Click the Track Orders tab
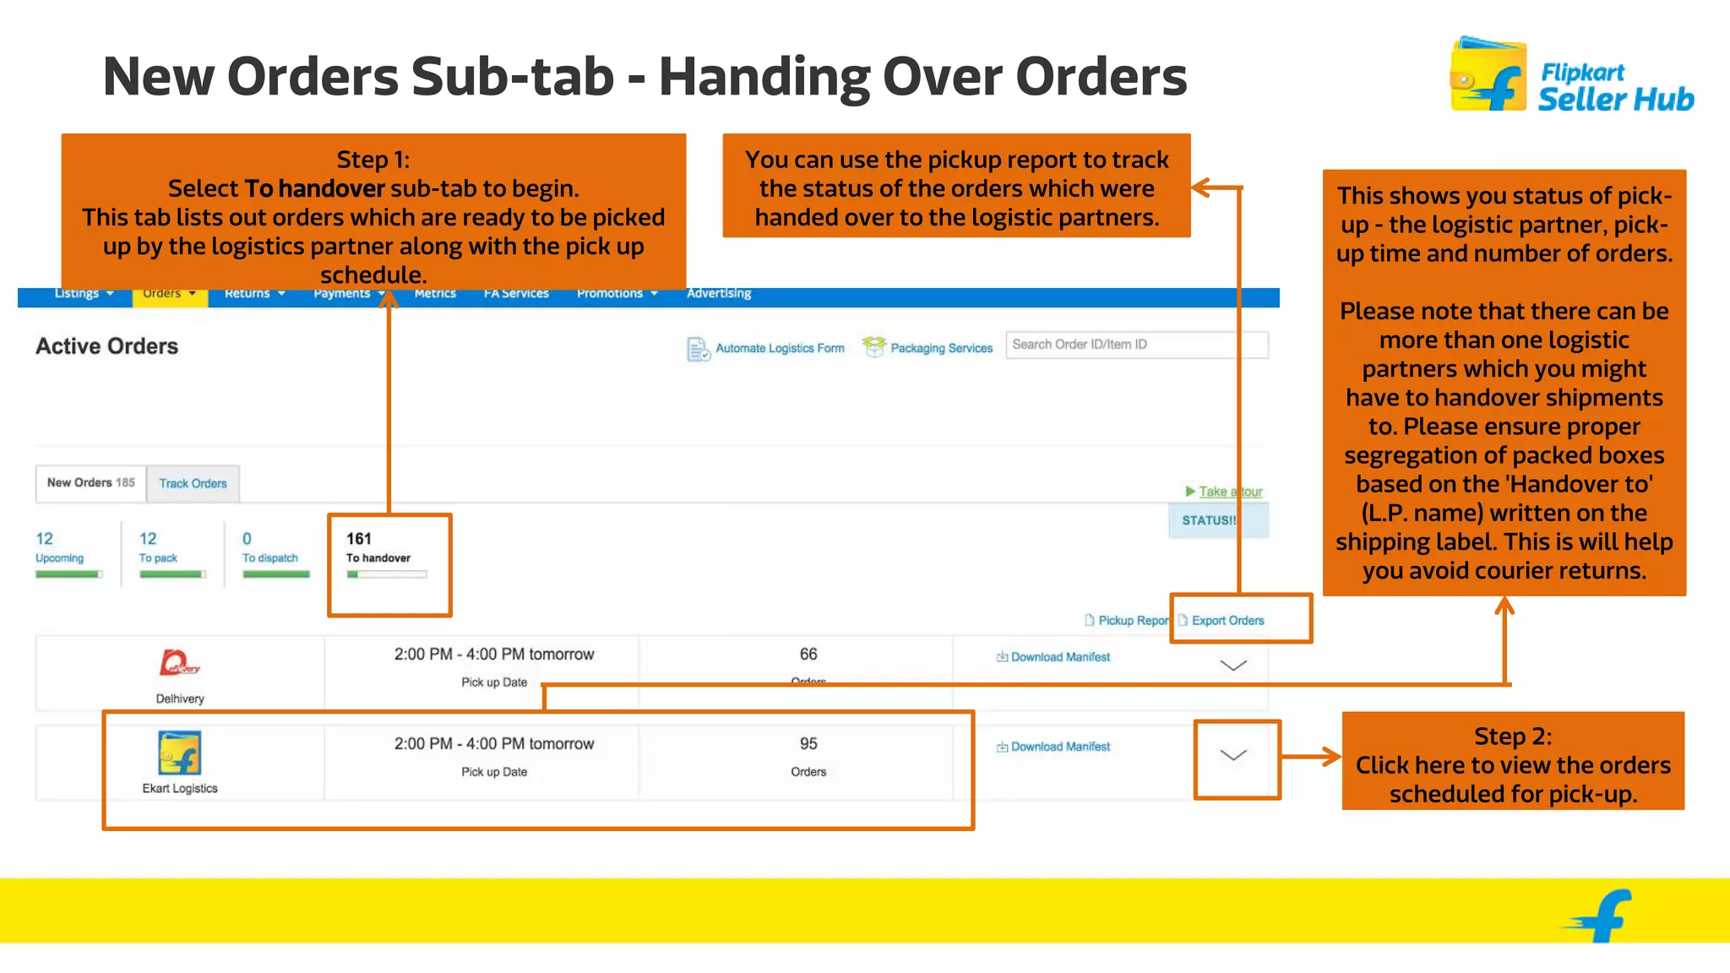193,484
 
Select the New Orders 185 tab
90,483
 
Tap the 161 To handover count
359,539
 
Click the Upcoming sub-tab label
59,558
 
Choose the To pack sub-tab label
158,558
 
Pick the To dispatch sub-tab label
270,558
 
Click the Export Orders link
1227,621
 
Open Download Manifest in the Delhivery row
1059,657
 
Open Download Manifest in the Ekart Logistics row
1059,747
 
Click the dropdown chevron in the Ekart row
1233,755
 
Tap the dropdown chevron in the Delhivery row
1233,666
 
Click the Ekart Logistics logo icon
180,753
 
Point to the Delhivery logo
179,663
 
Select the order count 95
808,744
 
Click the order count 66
808,655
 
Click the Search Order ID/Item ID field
1136,345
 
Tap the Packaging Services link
940,348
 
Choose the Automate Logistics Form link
779,348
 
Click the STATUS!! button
1208,520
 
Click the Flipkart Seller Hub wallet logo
1488,75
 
